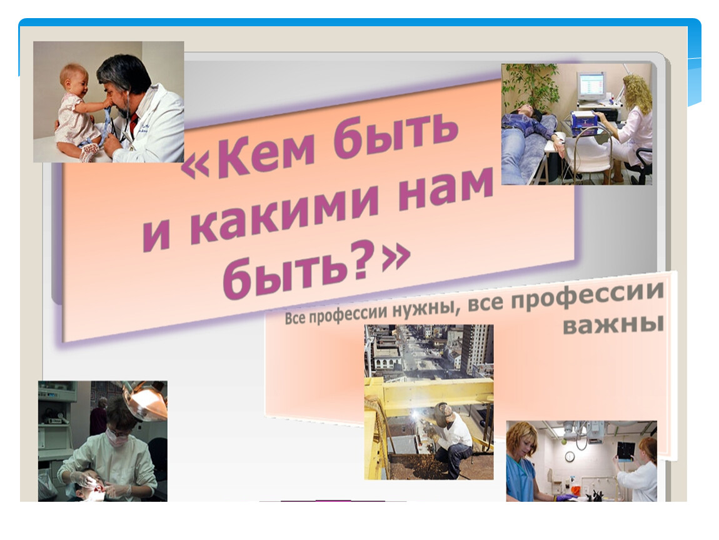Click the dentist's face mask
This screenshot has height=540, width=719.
(117, 437)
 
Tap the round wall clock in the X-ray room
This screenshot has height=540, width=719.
(570, 456)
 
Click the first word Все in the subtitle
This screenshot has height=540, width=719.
(295, 318)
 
